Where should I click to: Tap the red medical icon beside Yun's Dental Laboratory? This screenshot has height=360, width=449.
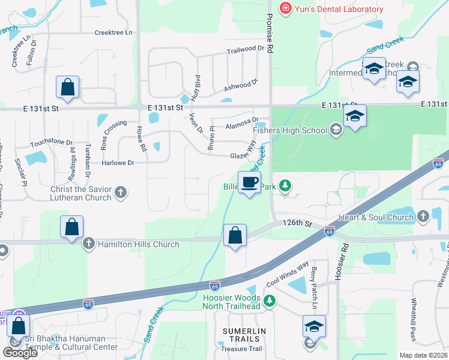[x=285, y=8]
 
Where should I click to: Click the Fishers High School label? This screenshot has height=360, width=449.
[x=291, y=130]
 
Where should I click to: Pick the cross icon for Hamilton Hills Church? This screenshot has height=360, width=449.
[x=88, y=244]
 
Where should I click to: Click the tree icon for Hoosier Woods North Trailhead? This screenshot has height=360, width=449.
[x=270, y=300]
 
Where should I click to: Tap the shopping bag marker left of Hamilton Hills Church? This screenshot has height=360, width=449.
[x=71, y=228]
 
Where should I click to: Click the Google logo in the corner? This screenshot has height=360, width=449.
[x=20, y=353]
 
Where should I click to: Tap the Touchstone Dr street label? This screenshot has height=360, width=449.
[x=52, y=145]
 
